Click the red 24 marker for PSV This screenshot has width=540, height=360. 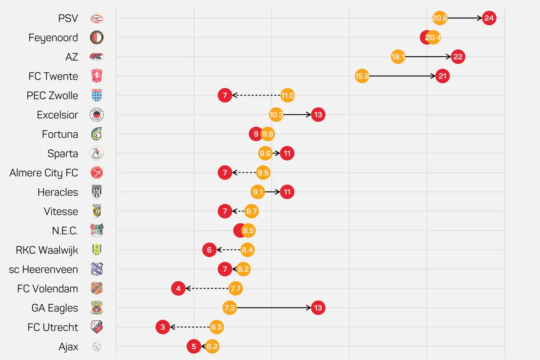[x=489, y=18]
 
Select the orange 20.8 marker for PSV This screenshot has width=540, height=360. [x=439, y=18]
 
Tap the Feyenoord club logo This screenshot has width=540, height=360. [x=97, y=38]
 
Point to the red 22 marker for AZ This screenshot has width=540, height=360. [x=458, y=57]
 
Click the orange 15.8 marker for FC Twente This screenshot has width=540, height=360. [x=362, y=76]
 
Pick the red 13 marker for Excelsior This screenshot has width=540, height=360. [x=318, y=115]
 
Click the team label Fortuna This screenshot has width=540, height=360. [x=60, y=134]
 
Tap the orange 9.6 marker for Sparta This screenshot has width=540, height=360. [x=265, y=153]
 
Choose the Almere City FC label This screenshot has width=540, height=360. [x=44, y=173]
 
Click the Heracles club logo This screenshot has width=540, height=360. [x=97, y=192]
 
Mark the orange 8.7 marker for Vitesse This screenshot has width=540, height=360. [x=252, y=211]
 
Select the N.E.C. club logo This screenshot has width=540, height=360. [x=97, y=231]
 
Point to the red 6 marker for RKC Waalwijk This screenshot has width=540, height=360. [x=209, y=250]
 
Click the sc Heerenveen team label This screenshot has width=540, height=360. [x=43, y=270]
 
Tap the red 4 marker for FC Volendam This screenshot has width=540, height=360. [x=178, y=288]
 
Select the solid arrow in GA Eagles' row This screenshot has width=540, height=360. [x=274, y=308]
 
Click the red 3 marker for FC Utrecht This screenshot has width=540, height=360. [x=163, y=327]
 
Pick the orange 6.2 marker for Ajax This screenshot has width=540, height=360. [x=212, y=346]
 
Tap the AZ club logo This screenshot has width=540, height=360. [x=97, y=57]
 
